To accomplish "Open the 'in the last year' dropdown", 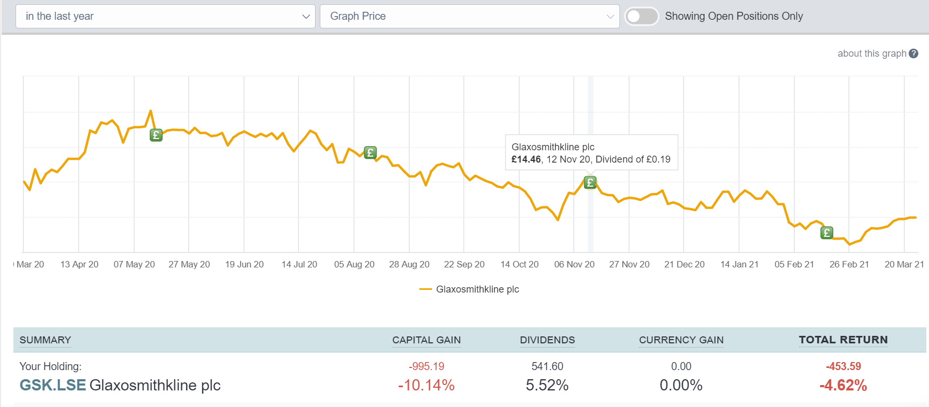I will (x=165, y=17).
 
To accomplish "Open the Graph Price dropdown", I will (x=469, y=17).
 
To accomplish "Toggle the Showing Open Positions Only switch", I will (x=641, y=17).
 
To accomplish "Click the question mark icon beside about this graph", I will (x=913, y=53).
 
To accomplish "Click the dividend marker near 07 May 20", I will (x=156, y=135).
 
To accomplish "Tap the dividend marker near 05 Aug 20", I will (x=370, y=152).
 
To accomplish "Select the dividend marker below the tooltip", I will (x=590, y=182).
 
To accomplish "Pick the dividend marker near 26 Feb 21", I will (x=827, y=233).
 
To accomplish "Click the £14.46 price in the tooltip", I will (x=526, y=159).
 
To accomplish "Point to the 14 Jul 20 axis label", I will (x=300, y=264).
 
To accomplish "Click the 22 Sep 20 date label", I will (x=464, y=264).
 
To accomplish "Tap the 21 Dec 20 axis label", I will (x=684, y=264).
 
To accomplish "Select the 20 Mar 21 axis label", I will (x=904, y=264).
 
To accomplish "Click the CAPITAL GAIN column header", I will (x=426, y=340).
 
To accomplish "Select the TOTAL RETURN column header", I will (x=843, y=340).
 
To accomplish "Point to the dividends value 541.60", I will (x=547, y=366).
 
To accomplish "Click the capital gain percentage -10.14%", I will (x=426, y=385).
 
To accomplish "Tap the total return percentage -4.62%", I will (x=843, y=385).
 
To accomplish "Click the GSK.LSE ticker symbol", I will (x=52, y=385).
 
